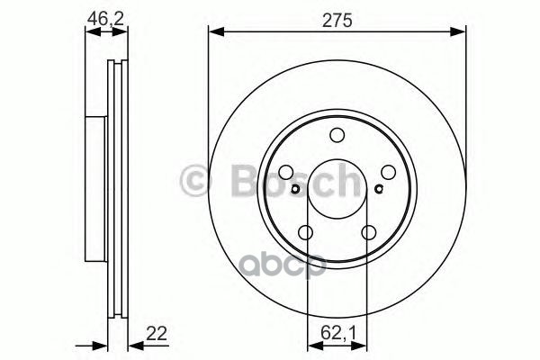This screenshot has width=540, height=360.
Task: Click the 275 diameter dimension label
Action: pos(337,16)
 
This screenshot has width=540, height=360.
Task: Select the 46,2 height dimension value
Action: pos(106,16)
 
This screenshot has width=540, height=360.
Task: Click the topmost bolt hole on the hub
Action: pos(337,136)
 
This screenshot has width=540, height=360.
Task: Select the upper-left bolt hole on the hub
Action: pos(285,173)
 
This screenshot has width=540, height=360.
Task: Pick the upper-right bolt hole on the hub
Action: pos(390,173)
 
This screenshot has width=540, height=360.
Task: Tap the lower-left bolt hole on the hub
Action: pos(306,234)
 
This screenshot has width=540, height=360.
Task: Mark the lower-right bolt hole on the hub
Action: pos(369,234)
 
